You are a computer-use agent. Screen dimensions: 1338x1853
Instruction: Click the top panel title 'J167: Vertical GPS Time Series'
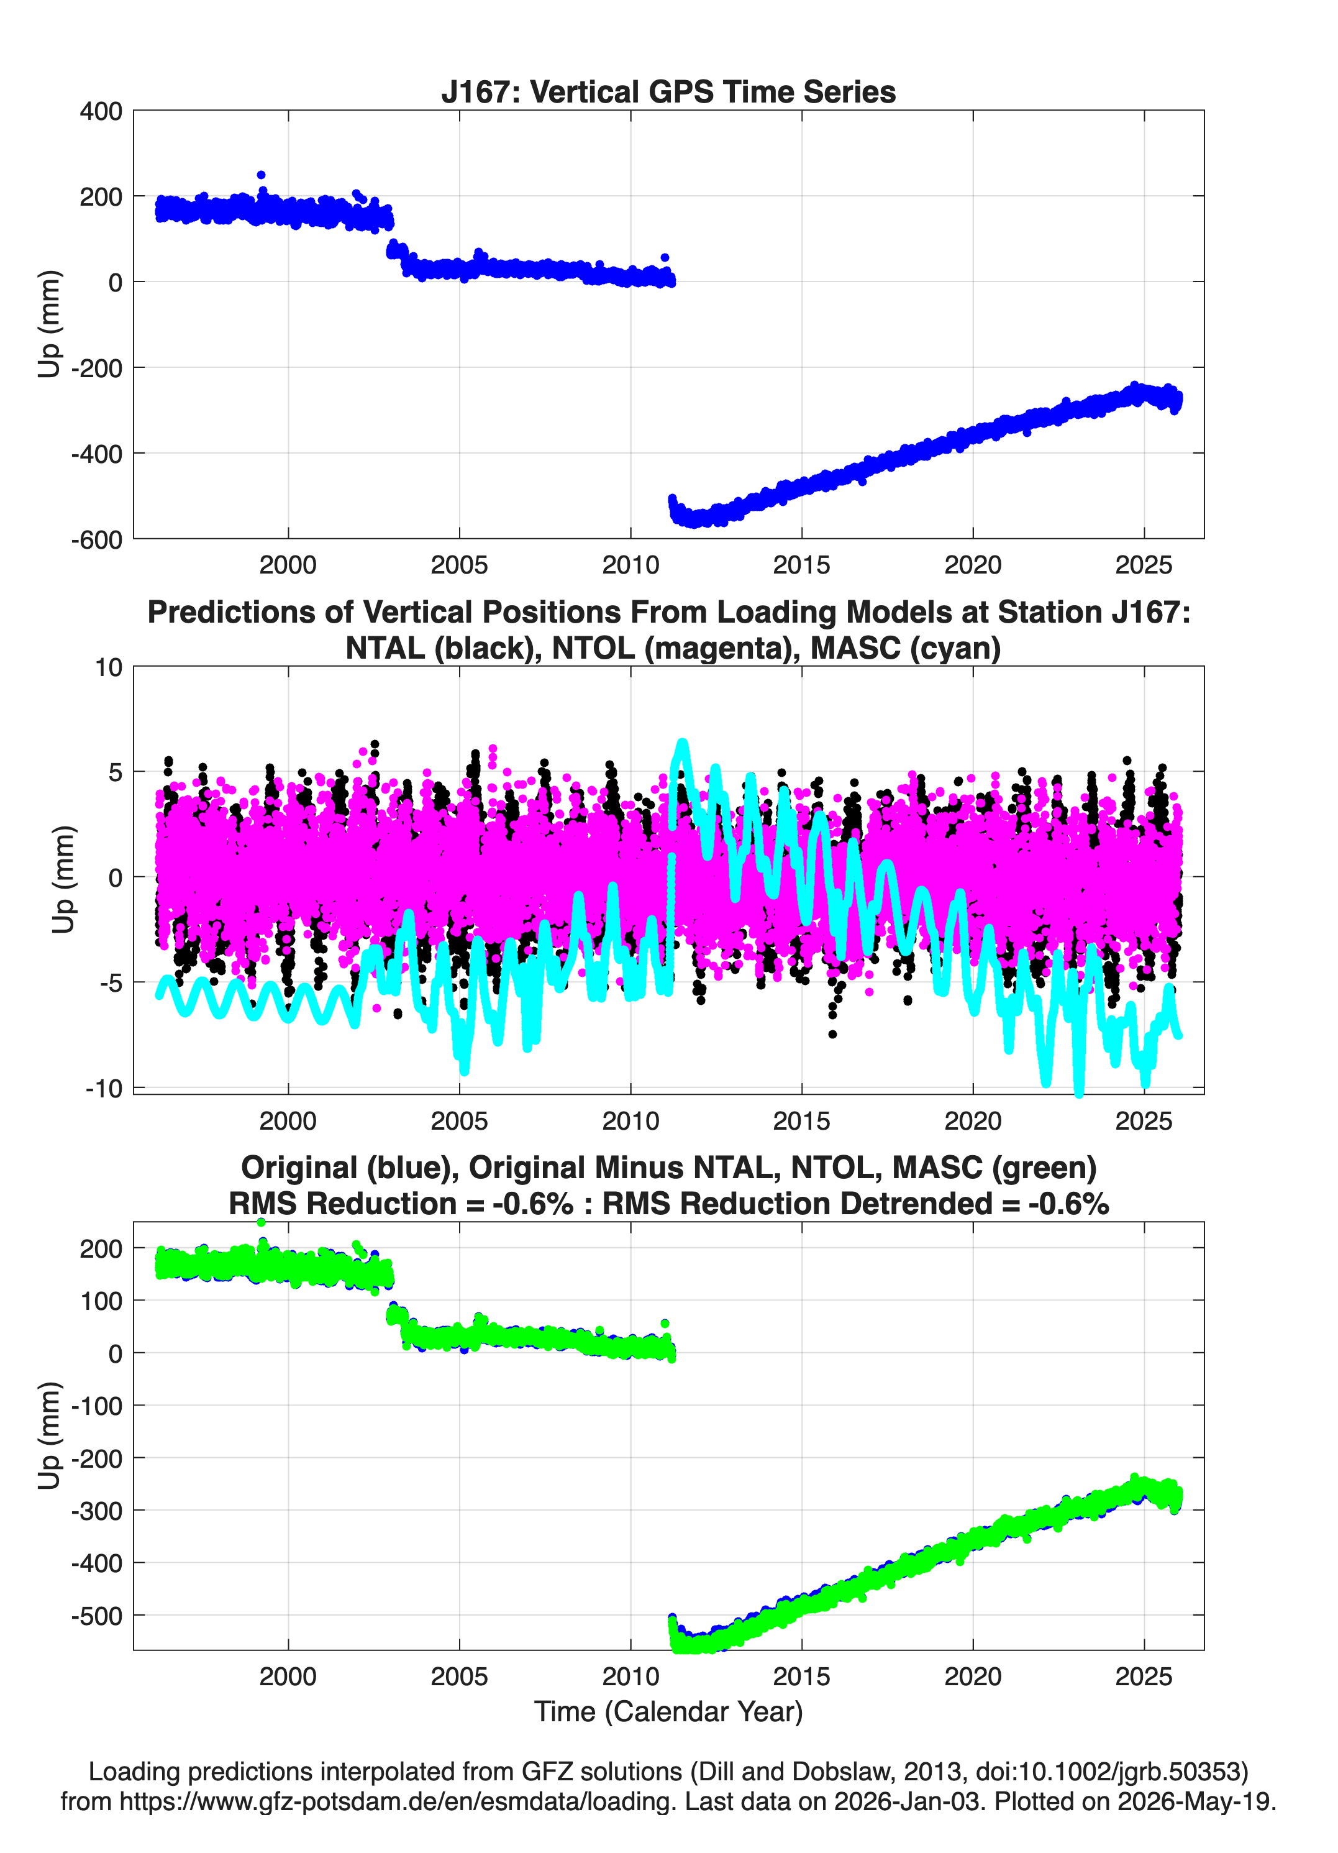click(668, 91)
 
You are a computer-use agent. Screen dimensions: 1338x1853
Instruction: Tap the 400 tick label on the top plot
click(101, 111)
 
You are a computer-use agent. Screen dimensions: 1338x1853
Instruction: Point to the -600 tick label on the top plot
click(96, 539)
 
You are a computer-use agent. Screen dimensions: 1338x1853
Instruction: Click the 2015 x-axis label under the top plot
click(801, 565)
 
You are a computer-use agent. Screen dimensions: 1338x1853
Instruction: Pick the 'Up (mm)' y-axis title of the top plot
click(49, 324)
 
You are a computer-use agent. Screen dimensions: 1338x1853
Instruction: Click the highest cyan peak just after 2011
click(682, 743)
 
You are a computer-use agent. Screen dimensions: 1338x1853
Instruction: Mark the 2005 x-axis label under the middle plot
click(459, 1120)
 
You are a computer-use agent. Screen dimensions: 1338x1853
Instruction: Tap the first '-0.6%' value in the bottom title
click(532, 1204)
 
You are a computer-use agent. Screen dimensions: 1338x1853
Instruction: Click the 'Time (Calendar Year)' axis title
click(668, 1712)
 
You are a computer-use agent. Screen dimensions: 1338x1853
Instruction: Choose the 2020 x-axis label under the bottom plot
click(973, 1677)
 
